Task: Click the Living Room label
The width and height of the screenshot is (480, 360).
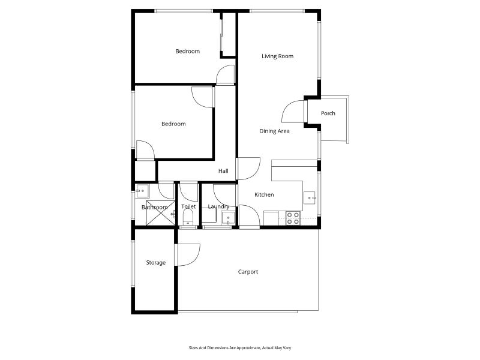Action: pyautogui.click(x=277, y=56)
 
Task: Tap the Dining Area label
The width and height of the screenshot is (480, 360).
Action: pyautogui.click(x=274, y=131)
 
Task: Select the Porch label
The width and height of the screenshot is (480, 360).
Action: pyautogui.click(x=328, y=113)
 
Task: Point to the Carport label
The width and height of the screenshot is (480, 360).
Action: pyautogui.click(x=248, y=272)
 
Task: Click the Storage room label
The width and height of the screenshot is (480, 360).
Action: pyautogui.click(x=156, y=263)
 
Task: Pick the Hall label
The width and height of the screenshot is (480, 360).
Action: pyautogui.click(x=223, y=171)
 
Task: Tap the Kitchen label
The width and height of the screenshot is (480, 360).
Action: pyautogui.click(x=264, y=194)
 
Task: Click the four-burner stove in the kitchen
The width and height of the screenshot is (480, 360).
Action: pyautogui.click(x=293, y=218)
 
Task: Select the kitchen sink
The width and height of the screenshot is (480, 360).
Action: pyautogui.click(x=310, y=198)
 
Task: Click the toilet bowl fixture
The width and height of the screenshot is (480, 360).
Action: pyautogui.click(x=188, y=218)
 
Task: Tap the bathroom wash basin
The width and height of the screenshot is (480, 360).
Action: pyautogui.click(x=142, y=191)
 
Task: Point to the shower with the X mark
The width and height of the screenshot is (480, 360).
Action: pyautogui.click(x=161, y=213)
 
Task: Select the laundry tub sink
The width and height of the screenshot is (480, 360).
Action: pyautogui.click(x=229, y=218)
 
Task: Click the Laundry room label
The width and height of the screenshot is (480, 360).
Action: pyautogui.click(x=218, y=206)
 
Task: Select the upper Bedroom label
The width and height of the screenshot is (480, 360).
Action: pyautogui.click(x=187, y=51)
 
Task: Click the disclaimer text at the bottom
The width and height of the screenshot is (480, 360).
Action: pyautogui.click(x=240, y=348)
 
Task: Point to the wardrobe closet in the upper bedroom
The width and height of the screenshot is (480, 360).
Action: pyautogui.click(x=229, y=35)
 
